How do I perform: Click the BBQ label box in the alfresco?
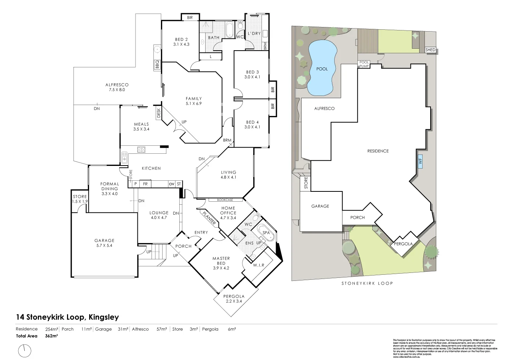point(157,65)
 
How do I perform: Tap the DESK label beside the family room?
point(158,113)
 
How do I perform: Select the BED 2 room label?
point(181,39)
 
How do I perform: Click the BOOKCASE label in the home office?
point(225,200)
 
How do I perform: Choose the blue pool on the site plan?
point(322,68)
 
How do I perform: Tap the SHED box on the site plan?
point(430,50)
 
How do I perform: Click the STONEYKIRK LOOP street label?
point(367,284)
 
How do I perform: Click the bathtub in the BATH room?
point(230,30)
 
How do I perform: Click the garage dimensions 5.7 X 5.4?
point(104,245)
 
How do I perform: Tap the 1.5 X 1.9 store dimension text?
point(80,201)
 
